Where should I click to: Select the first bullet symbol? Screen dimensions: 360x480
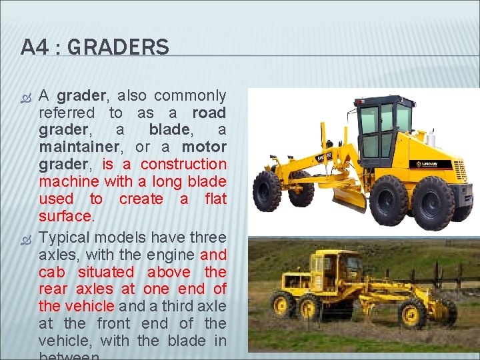point(26,96)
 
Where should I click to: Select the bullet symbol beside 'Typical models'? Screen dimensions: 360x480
point(26,238)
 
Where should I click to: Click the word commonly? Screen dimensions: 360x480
point(192,96)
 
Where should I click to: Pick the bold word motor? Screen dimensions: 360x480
point(204,147)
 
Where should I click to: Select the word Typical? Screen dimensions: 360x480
point(65,238)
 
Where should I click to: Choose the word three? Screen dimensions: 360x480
point(208,238)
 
